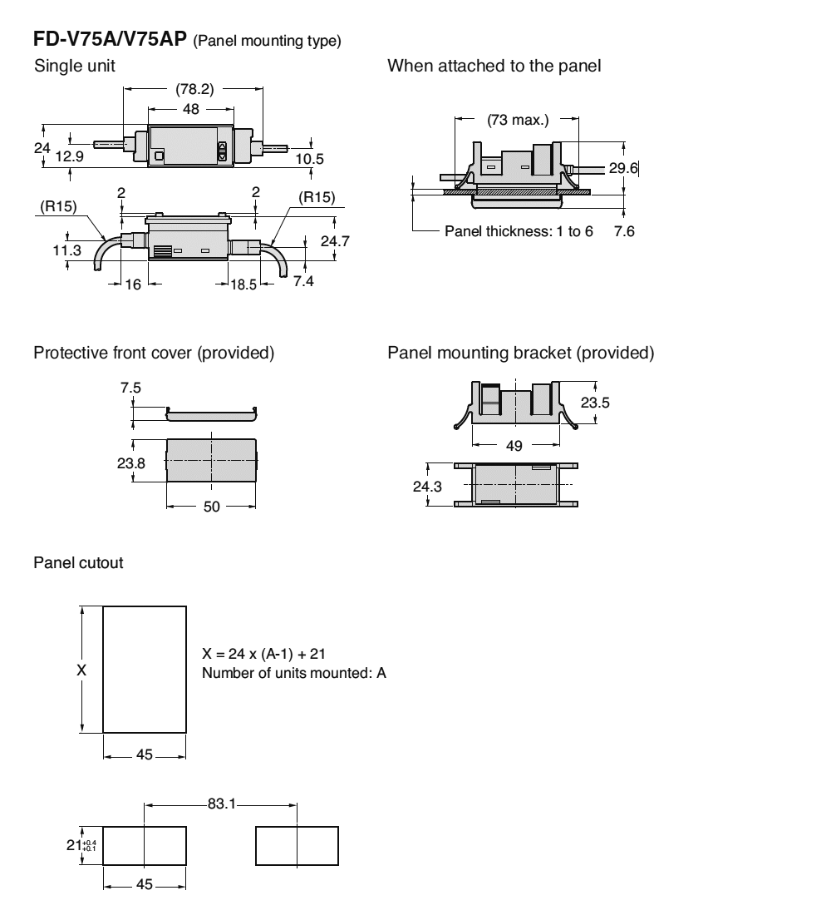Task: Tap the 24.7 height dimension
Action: tap(335, 241)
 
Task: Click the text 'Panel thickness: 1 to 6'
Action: tap(519, 230)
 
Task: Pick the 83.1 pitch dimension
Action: tap(220, 804)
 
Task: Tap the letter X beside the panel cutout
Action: tap(80, 670)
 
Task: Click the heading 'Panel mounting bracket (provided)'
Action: tap(521, 353)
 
